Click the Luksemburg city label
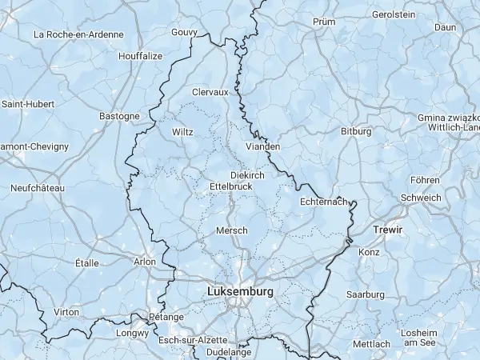[240, 292]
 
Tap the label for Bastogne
[119, 116]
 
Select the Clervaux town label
[210, 92]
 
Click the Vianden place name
[263, 146]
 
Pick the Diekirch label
[246, 174]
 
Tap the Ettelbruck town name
[230, 186]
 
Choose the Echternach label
[324, 202]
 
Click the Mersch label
[232, 230]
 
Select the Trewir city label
[388, 230]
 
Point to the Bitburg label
[356, 130]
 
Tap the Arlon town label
[145, 261]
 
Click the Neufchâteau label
[38, 188]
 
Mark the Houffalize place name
[140, 56]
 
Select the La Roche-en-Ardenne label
[78, 34]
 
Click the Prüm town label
[324, 22]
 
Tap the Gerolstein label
[394, 14]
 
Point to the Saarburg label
[366, 294]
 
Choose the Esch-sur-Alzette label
[193, 340]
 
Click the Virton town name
[66, 312]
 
